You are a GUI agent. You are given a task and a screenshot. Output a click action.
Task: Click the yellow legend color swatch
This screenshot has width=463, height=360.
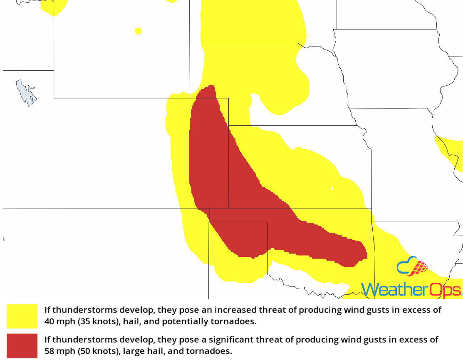point(22,316)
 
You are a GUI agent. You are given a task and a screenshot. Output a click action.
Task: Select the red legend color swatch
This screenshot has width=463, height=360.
point(22,345)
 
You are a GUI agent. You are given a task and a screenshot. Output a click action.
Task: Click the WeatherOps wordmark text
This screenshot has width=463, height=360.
point(411,289)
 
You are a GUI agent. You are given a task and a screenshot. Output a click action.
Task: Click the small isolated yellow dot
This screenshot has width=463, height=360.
point(138,31)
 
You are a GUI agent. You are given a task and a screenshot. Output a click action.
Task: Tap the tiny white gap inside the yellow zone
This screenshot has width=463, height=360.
point(332,188)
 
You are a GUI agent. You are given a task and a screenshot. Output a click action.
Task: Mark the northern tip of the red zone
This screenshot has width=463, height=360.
point(210,88)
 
